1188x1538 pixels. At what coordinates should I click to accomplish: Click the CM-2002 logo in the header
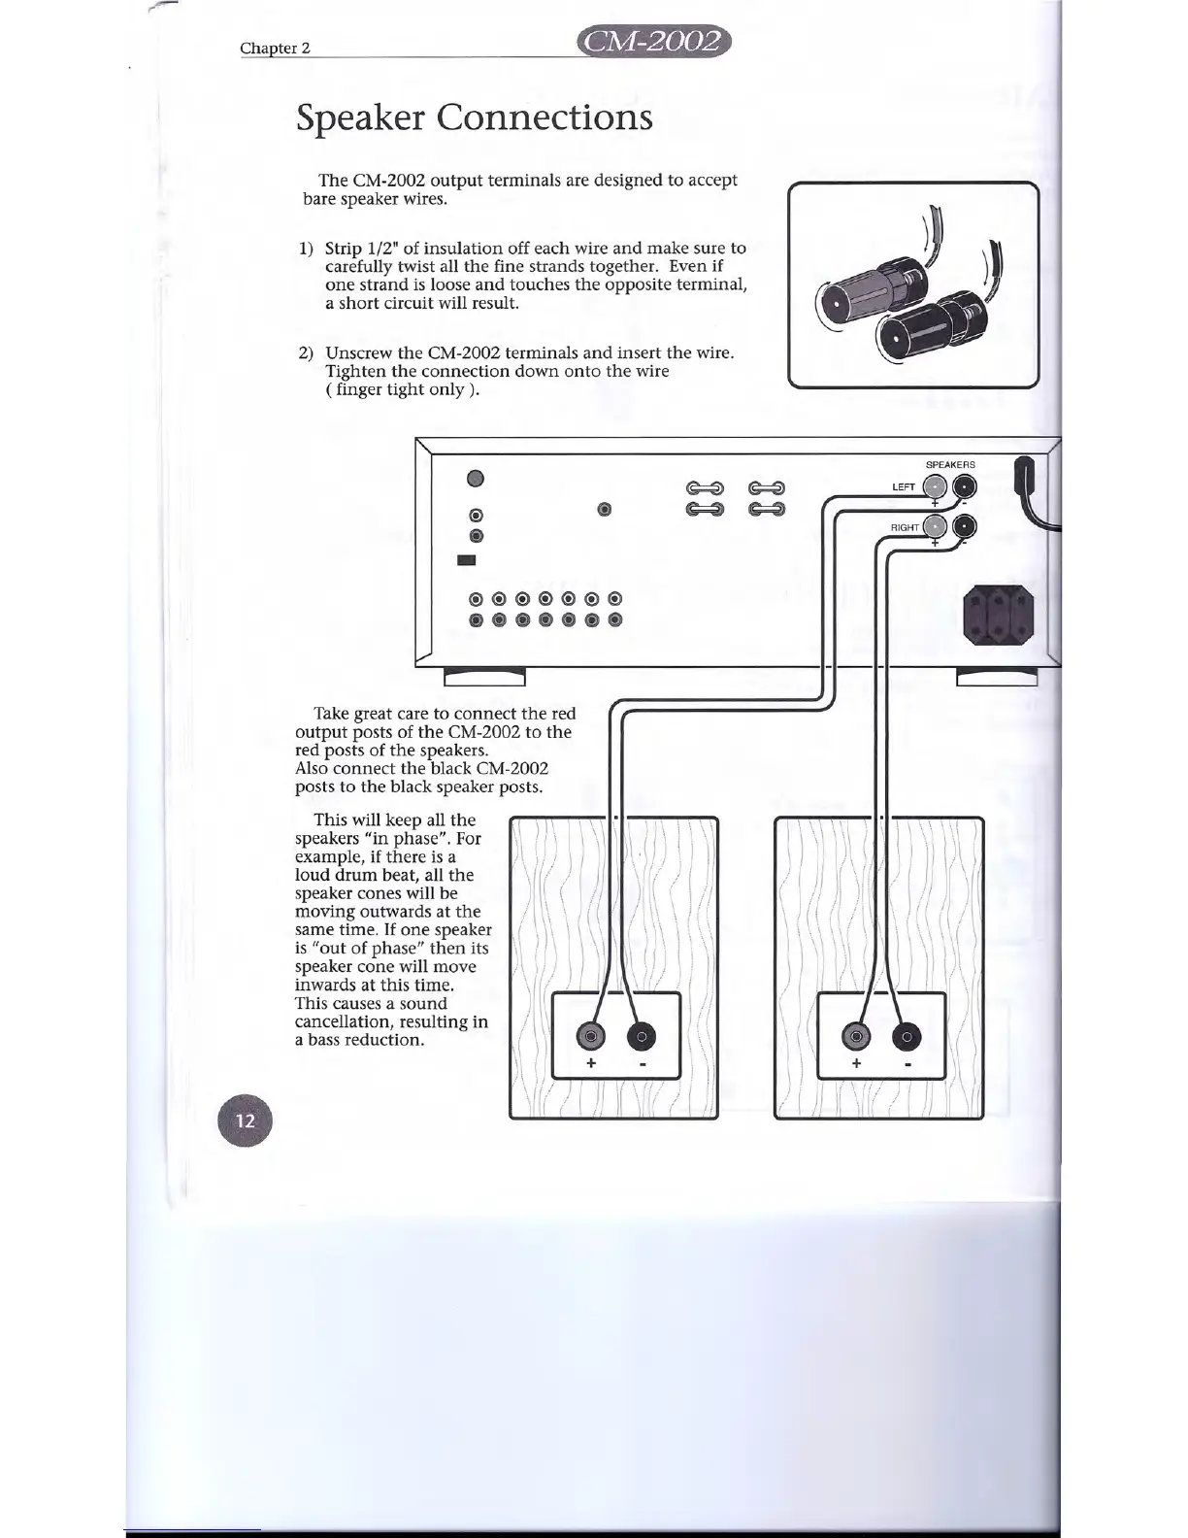652,43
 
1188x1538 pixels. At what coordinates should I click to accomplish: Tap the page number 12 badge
247,1121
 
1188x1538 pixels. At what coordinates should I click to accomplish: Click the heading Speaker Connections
474,117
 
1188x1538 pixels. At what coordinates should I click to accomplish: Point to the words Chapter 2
275,49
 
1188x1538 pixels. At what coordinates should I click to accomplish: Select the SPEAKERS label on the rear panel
950,465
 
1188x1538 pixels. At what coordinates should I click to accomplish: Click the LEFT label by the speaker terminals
904,487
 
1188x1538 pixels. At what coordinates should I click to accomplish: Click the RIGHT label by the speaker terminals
905,527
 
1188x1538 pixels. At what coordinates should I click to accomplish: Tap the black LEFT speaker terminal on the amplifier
964,486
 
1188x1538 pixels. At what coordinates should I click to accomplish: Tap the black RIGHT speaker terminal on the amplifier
964,527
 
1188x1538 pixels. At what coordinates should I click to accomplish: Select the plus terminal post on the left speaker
590,1037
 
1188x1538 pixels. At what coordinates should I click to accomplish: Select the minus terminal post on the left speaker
642,1037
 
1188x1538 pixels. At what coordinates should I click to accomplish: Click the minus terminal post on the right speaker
907,1037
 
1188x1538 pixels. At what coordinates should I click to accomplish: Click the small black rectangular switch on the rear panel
467,560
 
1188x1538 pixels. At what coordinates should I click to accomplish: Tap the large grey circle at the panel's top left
475,479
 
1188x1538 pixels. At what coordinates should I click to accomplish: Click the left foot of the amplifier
484,676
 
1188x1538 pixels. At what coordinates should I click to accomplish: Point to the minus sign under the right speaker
907,1065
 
